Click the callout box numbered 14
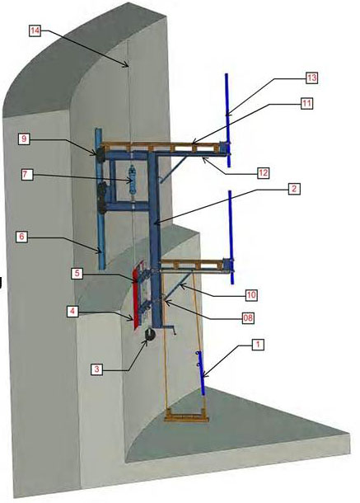pos(35,31)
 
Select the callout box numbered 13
pos(311,78)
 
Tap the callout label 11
pos(306,103)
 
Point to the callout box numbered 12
pos(263,173)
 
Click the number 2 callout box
pos(294,189)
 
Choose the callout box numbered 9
pos(24,139)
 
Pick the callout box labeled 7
pos(27,175)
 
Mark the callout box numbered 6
pos(21,237)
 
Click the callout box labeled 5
pos(77,273)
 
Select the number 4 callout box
pos(72,311)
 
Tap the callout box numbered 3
pos(96,369)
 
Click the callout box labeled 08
pos(248,318)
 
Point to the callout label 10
pos(251,295)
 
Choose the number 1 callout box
pos(258,345)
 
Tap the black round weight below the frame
pos(150,334)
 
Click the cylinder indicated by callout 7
pos(132,180)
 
